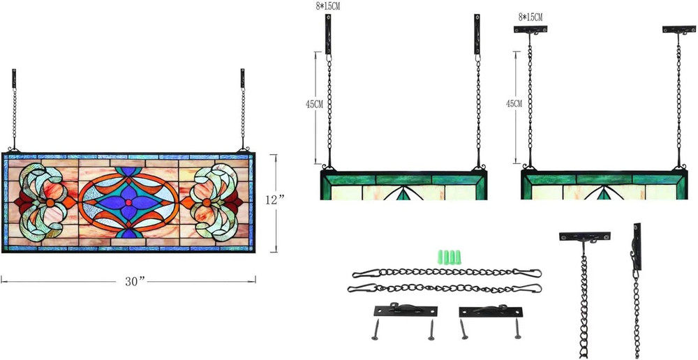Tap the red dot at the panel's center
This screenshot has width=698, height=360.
click(x=128, y=202)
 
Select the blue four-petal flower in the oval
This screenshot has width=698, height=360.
click(x=128, y=202)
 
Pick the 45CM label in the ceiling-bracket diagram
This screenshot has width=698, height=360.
click(x=514, y=103)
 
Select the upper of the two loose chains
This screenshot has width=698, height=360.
click(x=447, y=273)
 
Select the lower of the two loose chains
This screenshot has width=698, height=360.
click(x=444, y=288)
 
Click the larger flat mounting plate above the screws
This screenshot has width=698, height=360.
click(x=405, y=310)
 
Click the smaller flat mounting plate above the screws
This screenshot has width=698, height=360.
click(x=491, y=311)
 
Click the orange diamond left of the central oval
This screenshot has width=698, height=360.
click(x=69, y=202)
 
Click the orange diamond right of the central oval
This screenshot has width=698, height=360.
click(x=187, y=202)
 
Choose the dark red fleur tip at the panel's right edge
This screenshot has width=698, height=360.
click(x=235, y=202)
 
